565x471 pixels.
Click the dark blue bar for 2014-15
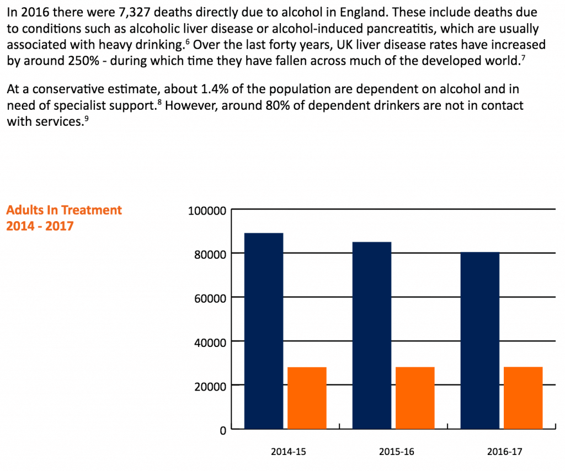[x=264, y=331]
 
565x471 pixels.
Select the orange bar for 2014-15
[x=307, y=398]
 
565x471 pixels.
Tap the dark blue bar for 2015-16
[x=372, y=335]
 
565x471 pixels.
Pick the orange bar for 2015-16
[x=415, y=398]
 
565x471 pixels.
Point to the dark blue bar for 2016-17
[x=480, y=340]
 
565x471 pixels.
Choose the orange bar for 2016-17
[x=523, y=398]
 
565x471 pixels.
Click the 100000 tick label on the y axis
[x=207, y=211]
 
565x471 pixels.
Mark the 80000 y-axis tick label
[x=210, y=254]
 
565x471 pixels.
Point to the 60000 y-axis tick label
[x=210, y=298]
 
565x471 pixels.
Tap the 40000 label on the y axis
[x=210, y=342]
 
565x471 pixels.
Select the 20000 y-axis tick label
[x=210, y=386]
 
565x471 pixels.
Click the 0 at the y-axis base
[x=223, y=430]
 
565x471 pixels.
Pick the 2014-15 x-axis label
[x=288, y=451]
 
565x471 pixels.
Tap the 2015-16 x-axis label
[x=396, y=451]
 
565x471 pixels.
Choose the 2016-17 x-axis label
[x=504, y=451]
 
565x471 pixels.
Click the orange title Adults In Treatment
[x=64, y=210]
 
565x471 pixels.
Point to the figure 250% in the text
[x=83, y=61]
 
